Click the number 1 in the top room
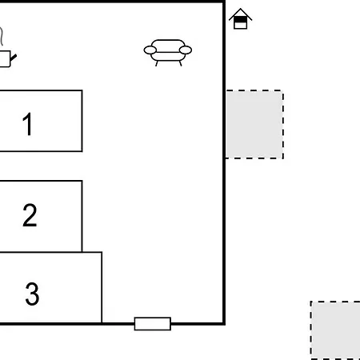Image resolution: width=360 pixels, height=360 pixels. (28, 124)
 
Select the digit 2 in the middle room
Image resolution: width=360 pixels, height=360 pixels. (30, 215)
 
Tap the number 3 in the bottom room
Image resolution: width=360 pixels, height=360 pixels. (32, 294)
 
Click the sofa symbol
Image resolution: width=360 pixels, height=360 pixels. (168, 53)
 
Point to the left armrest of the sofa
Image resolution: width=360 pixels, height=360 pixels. (150, 50)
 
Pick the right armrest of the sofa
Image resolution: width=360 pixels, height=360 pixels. (186, 50)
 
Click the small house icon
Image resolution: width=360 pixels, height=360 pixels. (240, 18)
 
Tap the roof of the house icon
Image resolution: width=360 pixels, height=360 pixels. (240, 13)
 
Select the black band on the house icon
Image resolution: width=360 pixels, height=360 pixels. (240, 20)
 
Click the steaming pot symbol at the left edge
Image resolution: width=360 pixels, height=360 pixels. (6, 48)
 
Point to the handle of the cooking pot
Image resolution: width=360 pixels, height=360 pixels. (14, 58)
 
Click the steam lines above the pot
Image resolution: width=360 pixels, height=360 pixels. (2, 36)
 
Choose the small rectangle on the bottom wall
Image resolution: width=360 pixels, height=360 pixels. (153, 324)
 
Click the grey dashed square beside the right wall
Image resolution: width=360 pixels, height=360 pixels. (254, 124)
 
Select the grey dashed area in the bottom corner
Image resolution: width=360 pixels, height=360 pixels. (335, 330)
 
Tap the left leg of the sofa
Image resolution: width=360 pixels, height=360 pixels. (157, 63)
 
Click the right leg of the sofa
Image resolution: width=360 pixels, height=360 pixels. (181, 63)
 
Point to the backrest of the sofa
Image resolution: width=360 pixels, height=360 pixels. (168, 46)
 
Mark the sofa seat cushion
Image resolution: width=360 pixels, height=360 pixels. (168, 57)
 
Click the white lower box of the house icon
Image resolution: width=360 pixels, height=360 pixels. (240, 26)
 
